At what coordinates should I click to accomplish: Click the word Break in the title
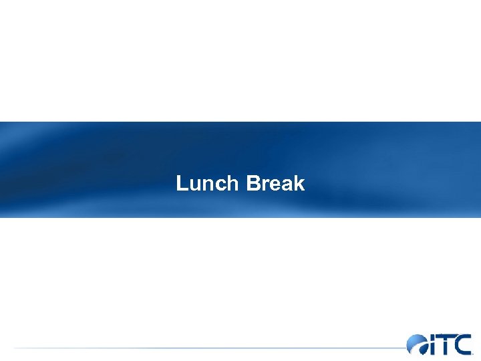(x=275, y=183)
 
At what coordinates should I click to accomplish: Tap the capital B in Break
(x=253, y=183)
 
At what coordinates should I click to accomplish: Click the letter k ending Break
(x=298, y=183)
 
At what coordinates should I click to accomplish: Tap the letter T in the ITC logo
(x=444, y=344)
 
